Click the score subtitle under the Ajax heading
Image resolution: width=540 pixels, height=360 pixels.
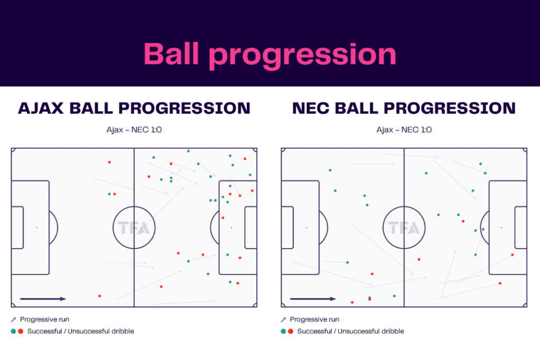coord(134,130)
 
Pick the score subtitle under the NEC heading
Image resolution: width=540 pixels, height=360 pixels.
coord(404,130)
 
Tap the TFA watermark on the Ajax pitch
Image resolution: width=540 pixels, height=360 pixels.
coord(134,228)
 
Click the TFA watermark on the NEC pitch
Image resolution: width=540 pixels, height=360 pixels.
coord(404,228)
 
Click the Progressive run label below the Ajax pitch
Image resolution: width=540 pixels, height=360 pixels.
coord(44,319)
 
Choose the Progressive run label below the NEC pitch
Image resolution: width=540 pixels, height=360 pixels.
coord(314,319)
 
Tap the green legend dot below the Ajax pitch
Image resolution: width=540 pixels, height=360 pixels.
coord(13,332)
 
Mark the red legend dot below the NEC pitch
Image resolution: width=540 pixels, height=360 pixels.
coord(290,332)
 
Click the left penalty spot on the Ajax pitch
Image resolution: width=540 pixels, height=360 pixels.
coord(36,228)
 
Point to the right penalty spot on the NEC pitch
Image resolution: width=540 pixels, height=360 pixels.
coord(501,228)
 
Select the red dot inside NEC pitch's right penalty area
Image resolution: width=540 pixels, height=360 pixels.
coord(512,255)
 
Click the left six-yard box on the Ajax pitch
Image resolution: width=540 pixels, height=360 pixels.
coord(17,228)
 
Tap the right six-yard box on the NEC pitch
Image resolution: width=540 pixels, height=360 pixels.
coord(520,228)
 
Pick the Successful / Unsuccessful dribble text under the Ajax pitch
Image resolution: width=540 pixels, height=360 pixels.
coord(80,332)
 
